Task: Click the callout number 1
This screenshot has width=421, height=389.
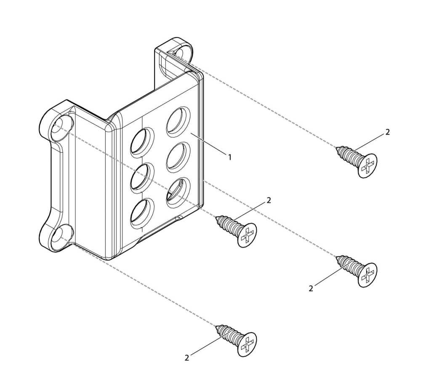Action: click(229, 157)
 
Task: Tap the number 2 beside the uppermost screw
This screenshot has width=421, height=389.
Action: click(387, 132)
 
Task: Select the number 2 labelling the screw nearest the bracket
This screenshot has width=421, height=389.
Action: click(269, 200)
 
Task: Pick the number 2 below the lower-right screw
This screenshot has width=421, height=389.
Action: click(311, 289)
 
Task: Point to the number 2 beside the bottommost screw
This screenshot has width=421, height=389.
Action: click(187, 357)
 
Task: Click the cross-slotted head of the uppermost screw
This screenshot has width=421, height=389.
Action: click(368, 165)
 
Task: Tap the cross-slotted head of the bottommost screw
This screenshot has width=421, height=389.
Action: click(247, 344)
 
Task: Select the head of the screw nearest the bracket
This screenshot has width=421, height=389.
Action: click(247, 235)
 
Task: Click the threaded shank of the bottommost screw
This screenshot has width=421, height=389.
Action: click(229, 333)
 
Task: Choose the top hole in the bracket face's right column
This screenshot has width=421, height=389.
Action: click(178, 121)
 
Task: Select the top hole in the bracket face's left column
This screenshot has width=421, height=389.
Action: click(143, 142)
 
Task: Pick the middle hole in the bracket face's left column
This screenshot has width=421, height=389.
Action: click(143, 178)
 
